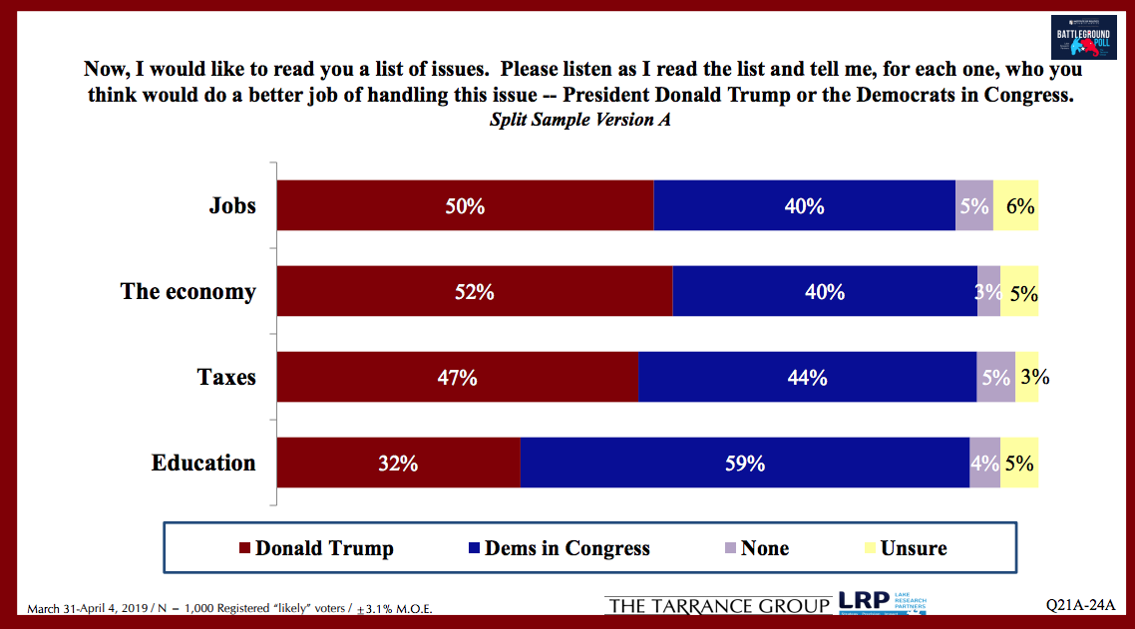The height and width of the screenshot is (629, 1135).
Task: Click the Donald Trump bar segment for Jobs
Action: (465, 206)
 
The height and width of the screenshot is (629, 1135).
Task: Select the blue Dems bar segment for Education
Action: (744, 464)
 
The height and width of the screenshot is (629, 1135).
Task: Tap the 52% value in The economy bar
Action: (474, 292)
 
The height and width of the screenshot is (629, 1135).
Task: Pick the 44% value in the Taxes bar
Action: (806, 378)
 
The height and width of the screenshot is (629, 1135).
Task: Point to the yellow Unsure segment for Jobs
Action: (1016, 206)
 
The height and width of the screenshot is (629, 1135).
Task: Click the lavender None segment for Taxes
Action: (995, 378)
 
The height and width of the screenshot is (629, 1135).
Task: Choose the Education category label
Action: (203, 464)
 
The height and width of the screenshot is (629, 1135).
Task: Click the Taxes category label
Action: (226, 378)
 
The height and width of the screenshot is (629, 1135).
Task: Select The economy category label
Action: (188, 292)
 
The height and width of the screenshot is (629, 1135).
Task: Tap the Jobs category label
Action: (232, 206)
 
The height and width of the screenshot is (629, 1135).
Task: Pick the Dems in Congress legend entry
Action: (559, 548)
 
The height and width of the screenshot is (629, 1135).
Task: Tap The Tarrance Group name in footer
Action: (717, 606)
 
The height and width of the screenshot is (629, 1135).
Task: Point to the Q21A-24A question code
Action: (1080, 606)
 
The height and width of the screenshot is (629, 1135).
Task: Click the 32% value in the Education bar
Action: (398, 464)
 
